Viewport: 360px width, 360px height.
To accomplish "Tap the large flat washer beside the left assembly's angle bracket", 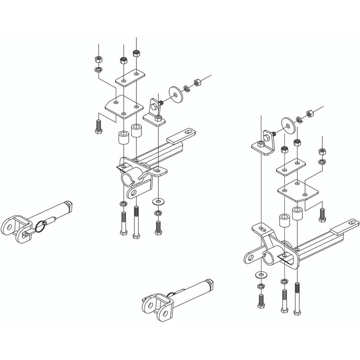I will [176, 93].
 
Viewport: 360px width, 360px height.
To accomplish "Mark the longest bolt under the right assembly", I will [297, 297].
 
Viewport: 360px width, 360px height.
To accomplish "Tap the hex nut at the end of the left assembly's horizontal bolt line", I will [197, 83].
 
